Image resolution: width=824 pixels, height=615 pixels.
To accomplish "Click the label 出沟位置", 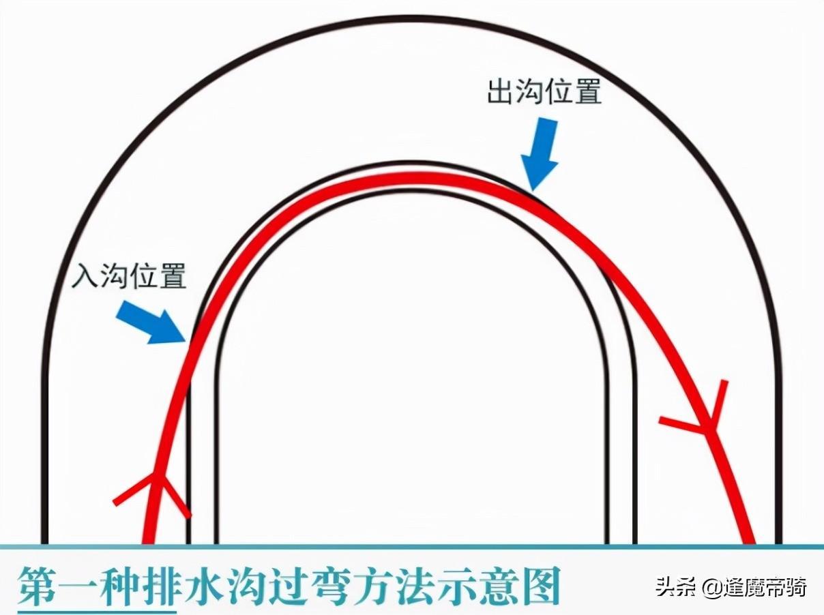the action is [x=544, y=91].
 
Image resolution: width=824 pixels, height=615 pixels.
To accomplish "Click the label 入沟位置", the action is [x=129, y=275].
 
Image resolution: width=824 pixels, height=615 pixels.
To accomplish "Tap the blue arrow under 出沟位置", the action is [x=540, y=155].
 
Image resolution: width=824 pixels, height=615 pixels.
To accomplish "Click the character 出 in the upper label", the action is [x=501, y=91].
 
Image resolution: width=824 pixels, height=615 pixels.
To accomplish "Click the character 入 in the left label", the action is [x=85, y=275].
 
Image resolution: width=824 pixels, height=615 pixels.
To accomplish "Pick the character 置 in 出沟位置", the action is [x=588, y=91].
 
